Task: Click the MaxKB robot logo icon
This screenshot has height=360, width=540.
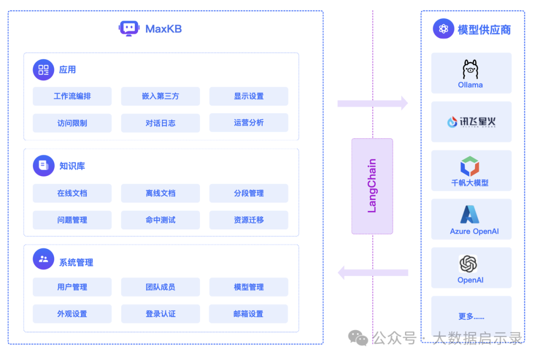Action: click(129, 28)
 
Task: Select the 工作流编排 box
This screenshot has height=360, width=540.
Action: click(72, 96)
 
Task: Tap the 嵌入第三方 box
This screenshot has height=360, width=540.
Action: click(160, 96)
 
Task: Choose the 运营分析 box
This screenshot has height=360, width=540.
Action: click(248, 122)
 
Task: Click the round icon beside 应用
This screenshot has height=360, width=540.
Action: click(43, 69)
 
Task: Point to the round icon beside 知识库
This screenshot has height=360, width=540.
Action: click(43, 165)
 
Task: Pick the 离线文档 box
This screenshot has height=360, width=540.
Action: click(160, 193)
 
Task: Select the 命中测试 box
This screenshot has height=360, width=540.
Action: click(160, 220)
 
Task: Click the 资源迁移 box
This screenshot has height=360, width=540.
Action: click(248, 220)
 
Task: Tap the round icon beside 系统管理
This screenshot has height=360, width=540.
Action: click(43, 259)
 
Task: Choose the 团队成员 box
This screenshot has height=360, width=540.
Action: click(160, 287)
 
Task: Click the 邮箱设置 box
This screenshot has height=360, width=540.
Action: click(248, 314)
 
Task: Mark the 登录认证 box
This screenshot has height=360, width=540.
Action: click(160, 314)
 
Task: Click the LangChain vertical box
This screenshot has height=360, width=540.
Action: click(372, 186)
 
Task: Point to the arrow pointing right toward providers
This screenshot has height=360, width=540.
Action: click(372, 103)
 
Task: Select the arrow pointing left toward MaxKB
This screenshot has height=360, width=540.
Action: click(372, 272)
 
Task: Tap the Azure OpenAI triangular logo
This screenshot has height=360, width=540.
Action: click(470, 214)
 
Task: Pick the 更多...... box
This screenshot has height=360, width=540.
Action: click(471, 316)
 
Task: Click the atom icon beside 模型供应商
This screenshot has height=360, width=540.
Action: click(443, 28)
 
